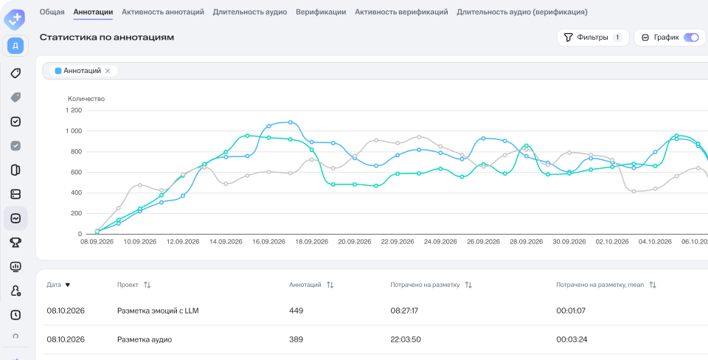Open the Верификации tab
(321, 13)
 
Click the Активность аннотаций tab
(163, 13)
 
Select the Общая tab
(52, 13)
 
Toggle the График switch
(691, 38)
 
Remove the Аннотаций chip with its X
(108, 71)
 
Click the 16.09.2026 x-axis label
(268, 242)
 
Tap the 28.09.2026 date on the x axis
(527, 242)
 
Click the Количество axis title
(86, 98)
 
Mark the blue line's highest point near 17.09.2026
(290, 122)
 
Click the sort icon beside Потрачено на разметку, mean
(653, 285)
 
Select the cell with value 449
(296, 311)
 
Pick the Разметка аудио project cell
(145, 339)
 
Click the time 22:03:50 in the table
(406, 339)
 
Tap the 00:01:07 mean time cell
(571, 311)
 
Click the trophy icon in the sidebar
(15, 243)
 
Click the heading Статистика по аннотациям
(107, 38)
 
